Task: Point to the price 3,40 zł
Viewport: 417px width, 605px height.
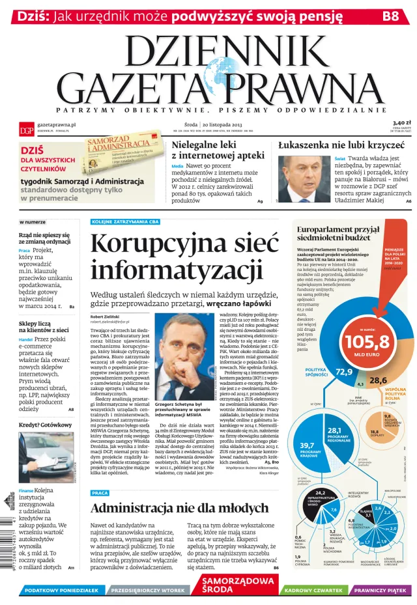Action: pyautogui.click(x=401, y=122)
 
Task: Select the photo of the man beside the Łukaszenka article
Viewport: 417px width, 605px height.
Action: pyautogui.click(x=305, y=179)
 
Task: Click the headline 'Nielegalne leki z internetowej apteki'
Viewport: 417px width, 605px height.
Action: pyautogui.click(x=215, y=150)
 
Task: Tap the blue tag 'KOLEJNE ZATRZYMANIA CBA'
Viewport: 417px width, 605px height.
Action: pyautogui.click(x=126, y=222)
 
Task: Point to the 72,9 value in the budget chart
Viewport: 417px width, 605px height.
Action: pyautogui.click(x=343, y=372)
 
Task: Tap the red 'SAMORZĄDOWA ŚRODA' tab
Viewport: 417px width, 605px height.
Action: pyautogui.click(x=237, y=585)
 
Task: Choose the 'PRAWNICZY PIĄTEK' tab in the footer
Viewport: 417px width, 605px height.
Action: pyautogui.click(x=382, y=590)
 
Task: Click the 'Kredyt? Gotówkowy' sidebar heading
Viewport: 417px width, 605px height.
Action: pyautogui.click(x=46, y=425)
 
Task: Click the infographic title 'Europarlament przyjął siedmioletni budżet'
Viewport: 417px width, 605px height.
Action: pyautogui.click(x=338, y=234)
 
